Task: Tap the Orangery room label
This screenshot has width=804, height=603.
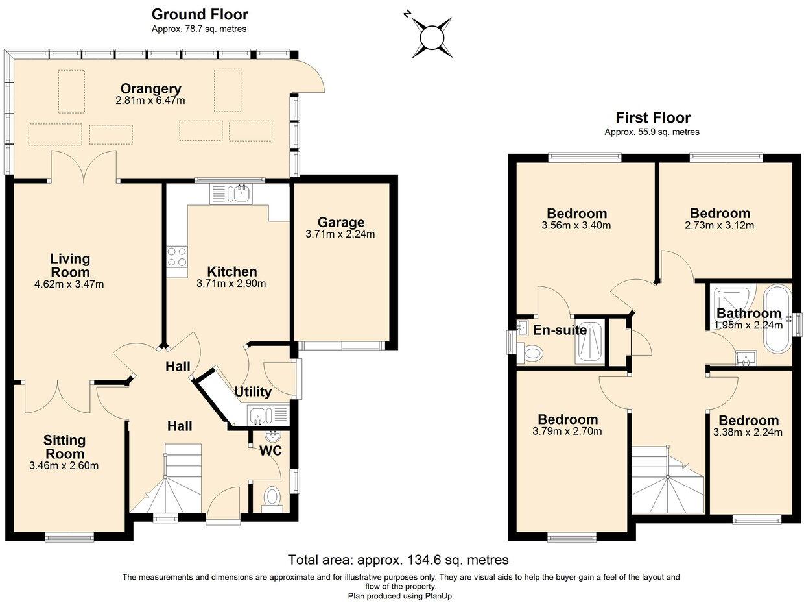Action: click(150, 89)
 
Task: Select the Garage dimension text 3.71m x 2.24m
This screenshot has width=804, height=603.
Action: click(340, 234)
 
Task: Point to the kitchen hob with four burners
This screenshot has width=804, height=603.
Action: click(176, 256)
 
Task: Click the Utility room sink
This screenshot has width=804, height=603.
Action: click(259, 413)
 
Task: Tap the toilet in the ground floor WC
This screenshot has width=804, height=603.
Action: click(272, 498)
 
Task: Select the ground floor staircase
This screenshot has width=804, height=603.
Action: click(173, 479)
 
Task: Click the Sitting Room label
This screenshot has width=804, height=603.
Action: click(64, 447)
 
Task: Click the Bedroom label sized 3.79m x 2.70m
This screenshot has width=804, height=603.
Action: click(567, 419)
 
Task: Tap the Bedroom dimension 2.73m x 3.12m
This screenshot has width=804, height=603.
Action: click(720, 226)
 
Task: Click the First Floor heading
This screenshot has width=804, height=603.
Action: click(652, 117)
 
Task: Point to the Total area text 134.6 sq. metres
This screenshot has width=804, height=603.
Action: click(398, 560)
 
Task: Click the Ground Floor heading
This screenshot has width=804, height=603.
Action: click(199, 14)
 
